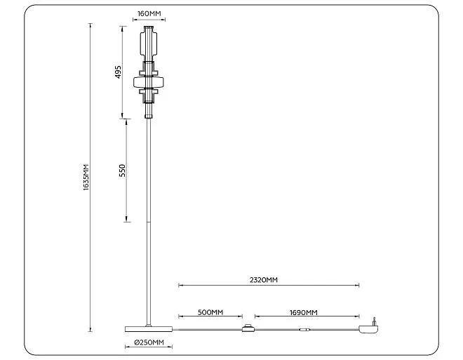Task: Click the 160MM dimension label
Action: (149, 13)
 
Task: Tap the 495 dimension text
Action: (118, 72)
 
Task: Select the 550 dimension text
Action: (122, 171)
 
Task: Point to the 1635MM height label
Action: (86, 178)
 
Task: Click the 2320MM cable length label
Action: (264, 280)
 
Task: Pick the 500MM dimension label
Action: (210, 312)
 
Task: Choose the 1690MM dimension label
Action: (304, 312)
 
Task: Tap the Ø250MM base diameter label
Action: (149, 342)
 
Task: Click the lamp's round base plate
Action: (149, 328)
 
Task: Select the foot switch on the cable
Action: (248, 328)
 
